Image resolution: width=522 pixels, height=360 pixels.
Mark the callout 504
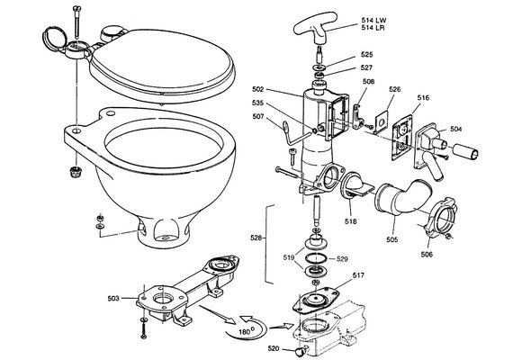[456, 130]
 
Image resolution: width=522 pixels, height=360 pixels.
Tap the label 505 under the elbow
[391, 239]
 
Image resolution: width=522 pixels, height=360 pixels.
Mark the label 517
[358, 276]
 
